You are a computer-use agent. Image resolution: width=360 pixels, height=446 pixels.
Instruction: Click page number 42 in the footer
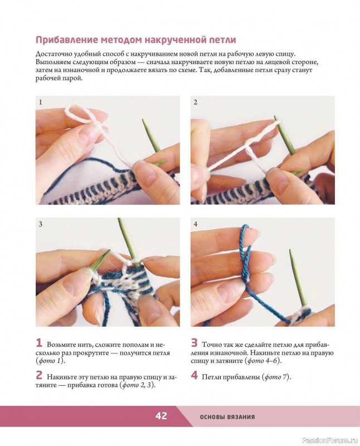pos(161,416)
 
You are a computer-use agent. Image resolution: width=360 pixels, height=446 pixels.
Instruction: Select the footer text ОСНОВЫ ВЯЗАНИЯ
pos(227,417)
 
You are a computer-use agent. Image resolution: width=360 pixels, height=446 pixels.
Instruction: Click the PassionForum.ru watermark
pos(330,440)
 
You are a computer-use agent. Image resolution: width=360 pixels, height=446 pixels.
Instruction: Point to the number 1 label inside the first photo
pos(40,102)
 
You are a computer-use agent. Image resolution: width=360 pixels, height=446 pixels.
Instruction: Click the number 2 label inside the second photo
pos(196,102)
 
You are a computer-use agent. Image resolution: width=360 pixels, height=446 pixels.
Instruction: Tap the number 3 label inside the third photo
pos(40,224)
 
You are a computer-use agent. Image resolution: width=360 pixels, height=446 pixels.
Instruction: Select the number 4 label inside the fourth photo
pos(196,224)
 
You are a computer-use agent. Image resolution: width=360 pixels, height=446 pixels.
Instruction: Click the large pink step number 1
pos(39,343)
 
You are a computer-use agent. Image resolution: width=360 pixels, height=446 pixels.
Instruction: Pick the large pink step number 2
pos(39,375)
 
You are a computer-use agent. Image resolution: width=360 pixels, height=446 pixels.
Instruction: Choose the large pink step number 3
pos(194,343)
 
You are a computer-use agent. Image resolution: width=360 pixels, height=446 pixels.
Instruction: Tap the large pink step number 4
pos(194,375)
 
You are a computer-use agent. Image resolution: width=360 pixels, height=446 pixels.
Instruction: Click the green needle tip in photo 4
pos(290,251)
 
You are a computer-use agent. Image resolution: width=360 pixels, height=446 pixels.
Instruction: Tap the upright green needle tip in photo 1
pos(144,122)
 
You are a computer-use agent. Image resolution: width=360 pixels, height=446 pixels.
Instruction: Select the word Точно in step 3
pos(212,345)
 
